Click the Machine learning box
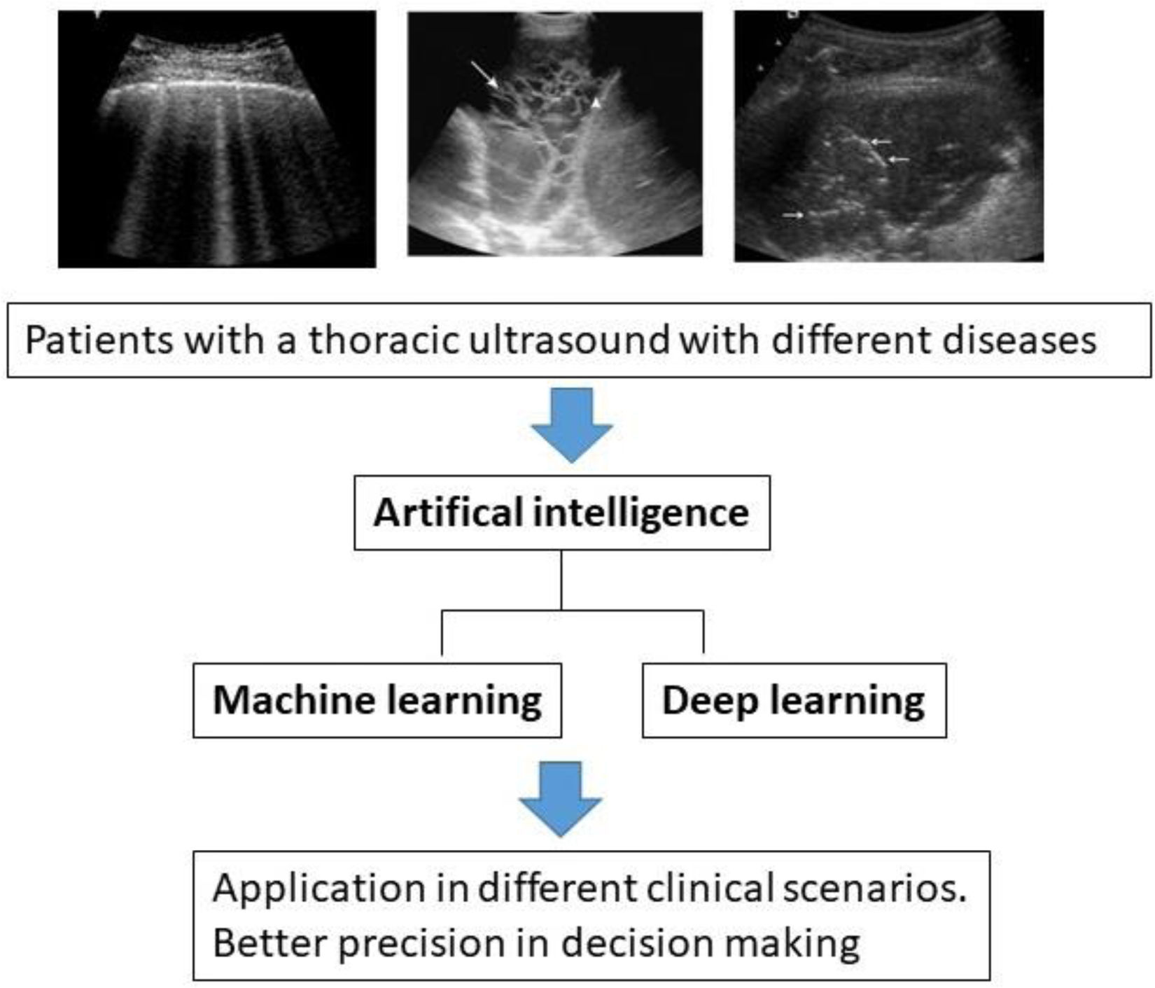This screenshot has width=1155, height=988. click(x=377, y=700)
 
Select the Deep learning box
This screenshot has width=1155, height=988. click(x=794, y=700)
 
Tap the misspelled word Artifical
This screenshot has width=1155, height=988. click(x=448, y=512)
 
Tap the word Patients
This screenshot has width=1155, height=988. click(x=99, y=340)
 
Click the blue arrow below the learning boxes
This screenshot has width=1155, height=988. click(x=560, y=799)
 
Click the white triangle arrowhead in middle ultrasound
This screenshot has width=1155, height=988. click(x=596, y=104)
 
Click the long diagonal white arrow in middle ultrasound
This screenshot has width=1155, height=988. click(x=484, y=75)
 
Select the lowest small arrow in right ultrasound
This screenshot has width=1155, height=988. click(x=793, y=215)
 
